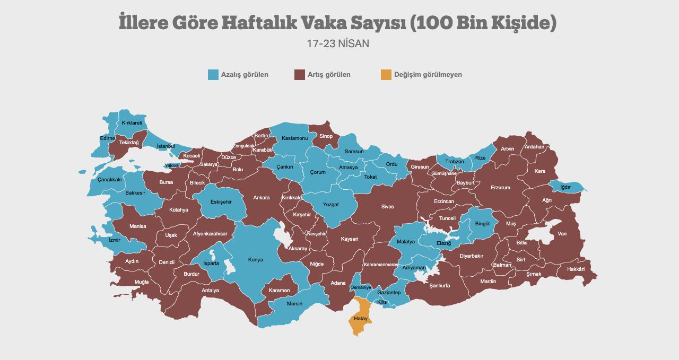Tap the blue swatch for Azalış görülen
(213, 75)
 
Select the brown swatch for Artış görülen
(300, 75)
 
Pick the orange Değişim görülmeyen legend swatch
(386, 75)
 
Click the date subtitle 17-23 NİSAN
(338, 43)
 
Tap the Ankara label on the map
(261, 198)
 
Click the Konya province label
(256, 260)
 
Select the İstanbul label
(166, 146)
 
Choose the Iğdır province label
(565, 187)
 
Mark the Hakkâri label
(576, 269)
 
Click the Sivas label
(387, 207)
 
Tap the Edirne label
(107, 138)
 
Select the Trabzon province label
(455, 162)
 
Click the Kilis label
(382, 302)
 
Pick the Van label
(562, 234)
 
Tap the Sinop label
(326, 136)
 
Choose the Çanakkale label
(110, 180)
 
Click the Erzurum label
(500, 188)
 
